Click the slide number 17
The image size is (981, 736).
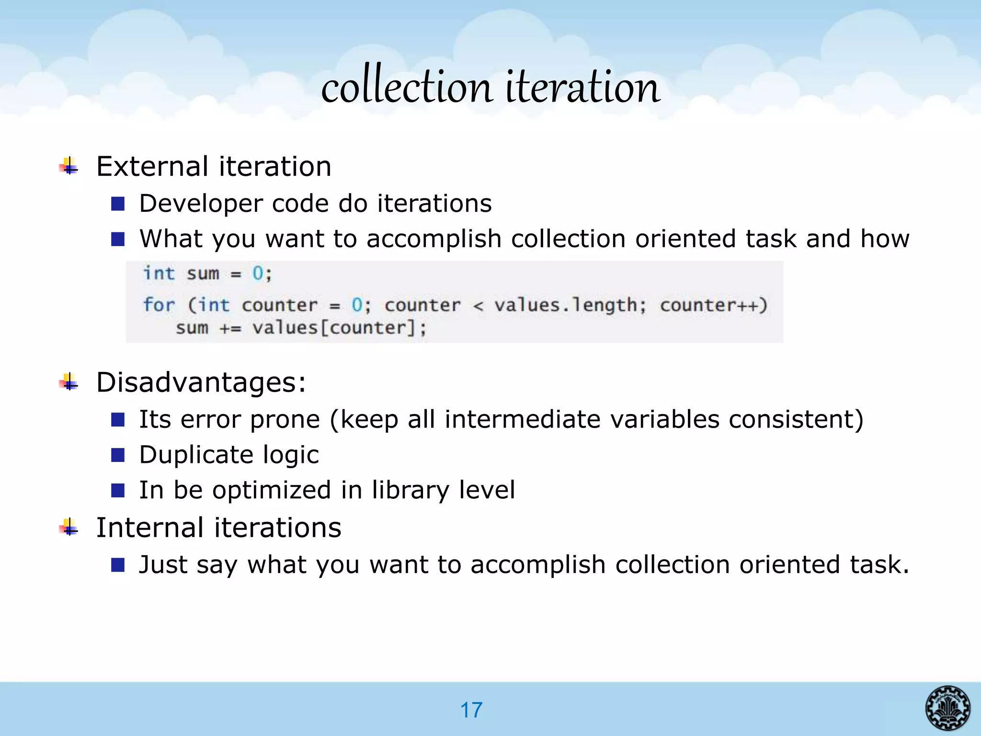[471, 710]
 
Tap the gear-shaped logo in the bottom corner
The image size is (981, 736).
[947, 708]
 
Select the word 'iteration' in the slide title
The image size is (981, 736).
[583, 86]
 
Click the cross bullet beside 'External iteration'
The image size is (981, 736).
[69, 166]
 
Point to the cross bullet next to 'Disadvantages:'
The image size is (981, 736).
[69, 382]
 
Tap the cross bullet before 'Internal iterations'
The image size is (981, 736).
[69, 527]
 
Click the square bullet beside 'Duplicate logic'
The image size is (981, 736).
[118, 455]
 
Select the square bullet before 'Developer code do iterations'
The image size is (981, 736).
[118, 204]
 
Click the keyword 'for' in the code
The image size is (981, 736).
[159, 305]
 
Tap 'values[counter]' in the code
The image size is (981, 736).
[339, 328]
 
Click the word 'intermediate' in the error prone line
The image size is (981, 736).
[522, 419]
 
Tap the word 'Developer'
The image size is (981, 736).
[201, 204]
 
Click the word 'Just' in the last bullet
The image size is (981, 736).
[162, 564]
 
